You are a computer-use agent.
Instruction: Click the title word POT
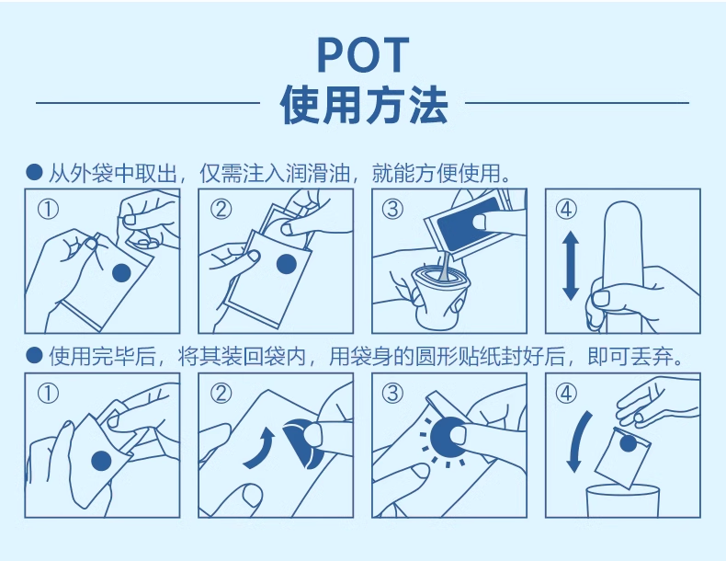coord(364,54)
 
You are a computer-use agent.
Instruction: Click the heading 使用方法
coord(364,105)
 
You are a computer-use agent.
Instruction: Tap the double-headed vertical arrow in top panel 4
coord(571,266)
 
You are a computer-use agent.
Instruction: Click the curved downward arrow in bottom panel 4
coord(578,441)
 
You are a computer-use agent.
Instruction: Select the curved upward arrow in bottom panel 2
coord(261,449)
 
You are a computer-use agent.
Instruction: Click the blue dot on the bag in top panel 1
coord(122,273)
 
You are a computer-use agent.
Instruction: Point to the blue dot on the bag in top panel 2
coord(286,265)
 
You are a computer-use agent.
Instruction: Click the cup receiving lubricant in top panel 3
coord(441,296)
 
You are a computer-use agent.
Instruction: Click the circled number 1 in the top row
coord(48,210)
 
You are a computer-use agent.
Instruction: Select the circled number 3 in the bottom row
coord(392,394)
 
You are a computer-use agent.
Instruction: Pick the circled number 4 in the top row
coord(566,210)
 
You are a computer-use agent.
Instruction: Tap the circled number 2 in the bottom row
coord(221,394)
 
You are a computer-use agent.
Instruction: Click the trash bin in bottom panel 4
coord(622,501)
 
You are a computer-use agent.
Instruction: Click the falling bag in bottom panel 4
coord(622,458)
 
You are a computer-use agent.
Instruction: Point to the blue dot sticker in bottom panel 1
coord(101,462)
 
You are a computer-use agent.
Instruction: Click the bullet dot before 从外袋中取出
coord(34,172)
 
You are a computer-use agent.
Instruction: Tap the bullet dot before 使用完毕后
coord(34,356)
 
